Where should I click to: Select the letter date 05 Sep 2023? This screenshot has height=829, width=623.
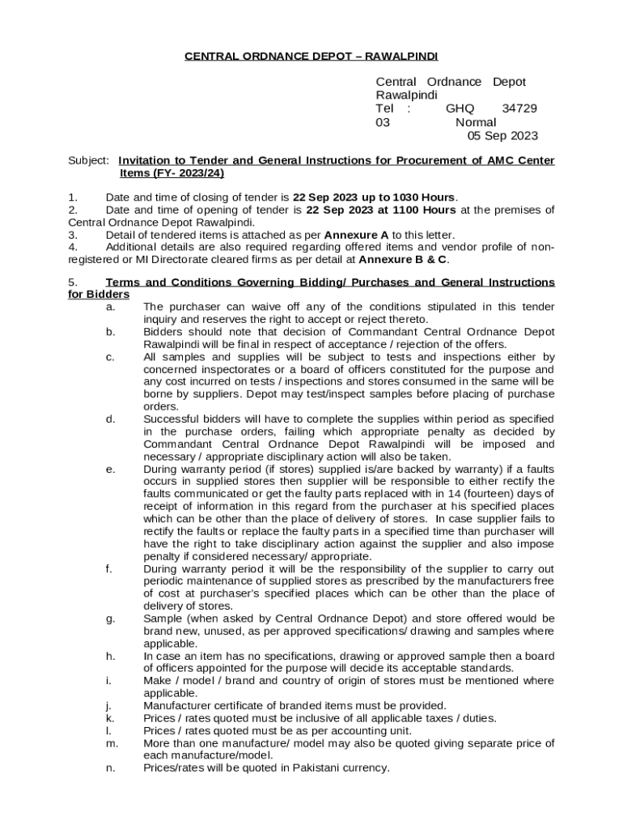[x=502, y=136]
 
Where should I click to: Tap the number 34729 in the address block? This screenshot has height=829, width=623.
[x=519, y=108]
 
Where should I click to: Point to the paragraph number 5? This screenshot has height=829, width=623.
[x=73, y=283]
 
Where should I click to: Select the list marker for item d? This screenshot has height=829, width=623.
[x=110, y=419]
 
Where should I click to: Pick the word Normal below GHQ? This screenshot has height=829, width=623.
[x=476, y=122]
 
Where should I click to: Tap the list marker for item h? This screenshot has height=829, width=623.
[x=110, y=656]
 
